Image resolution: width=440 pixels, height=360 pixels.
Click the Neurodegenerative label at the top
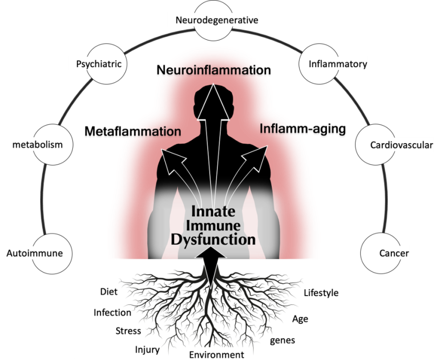pos(217,20)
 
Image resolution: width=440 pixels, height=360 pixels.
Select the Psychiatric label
pos(98,64)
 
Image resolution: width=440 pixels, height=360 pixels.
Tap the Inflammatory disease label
pos(337,64)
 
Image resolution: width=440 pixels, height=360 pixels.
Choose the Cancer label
pos(393,254)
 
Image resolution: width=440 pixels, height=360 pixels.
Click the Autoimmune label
pos(35,253)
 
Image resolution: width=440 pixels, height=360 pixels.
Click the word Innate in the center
pos(213,212)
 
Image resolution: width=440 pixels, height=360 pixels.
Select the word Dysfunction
pos(213,240)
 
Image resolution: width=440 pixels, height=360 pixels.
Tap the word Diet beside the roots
pos(109,292)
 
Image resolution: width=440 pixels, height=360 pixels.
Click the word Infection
pos(113,312)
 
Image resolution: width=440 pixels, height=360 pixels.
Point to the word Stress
pos(128,331)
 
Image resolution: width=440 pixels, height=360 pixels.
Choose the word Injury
pos(147,350)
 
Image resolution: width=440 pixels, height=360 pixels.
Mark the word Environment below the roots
pos(217,355)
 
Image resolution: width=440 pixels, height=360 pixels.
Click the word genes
pos(282,341)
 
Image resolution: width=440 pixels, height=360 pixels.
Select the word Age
pos(300,319)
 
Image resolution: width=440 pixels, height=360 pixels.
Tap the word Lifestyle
pos(321,292)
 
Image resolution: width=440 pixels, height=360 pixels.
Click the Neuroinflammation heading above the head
pos(213,70)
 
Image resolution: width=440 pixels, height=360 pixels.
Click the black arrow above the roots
pos(213,265)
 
